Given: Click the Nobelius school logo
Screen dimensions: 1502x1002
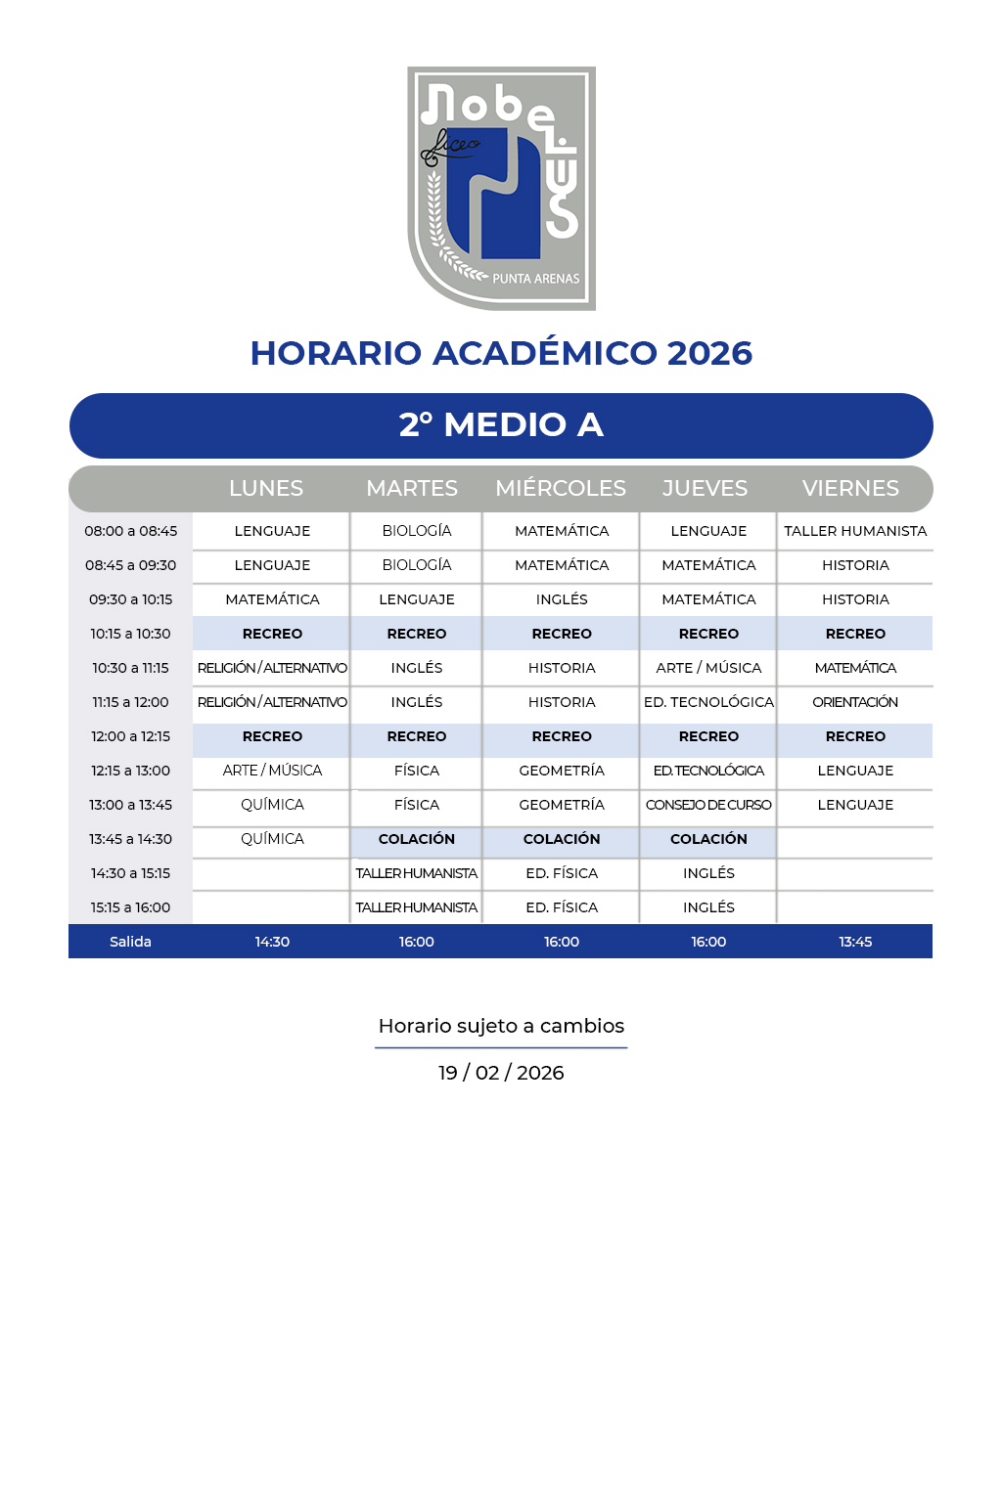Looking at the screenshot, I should coord(501,189).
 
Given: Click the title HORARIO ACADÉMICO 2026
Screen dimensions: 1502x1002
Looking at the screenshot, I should coord(501,353).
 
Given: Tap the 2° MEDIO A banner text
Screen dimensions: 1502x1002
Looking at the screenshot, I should coord(501,425).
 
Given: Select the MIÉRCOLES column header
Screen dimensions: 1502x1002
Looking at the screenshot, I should coord(561,488).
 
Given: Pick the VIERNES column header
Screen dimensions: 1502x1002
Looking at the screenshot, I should coord(850,488).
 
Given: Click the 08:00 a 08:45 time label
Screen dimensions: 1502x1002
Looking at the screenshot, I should coord(131,531).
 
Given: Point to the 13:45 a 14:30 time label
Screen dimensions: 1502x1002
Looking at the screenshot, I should coord(131,839).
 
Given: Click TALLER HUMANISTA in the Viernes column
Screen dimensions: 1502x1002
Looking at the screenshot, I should coord(855,531).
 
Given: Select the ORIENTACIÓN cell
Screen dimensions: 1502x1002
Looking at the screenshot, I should coord(855,702).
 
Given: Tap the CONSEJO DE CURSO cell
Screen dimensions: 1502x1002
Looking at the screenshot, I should coord(708,805).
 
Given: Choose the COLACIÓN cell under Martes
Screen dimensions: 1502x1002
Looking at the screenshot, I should coord(417,839).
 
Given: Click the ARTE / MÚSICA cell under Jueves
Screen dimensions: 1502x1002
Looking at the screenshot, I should coord(708,668).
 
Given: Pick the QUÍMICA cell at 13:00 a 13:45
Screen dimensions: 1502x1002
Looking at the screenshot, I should coord(272,805).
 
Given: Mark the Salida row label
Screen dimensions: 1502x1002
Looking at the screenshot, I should coord(130,942).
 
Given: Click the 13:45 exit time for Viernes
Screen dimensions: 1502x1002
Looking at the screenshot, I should coord(855,942).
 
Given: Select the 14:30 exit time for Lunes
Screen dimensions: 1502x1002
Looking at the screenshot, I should coord(272,942).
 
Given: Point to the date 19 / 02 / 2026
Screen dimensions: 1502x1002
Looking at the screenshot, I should coord(501,1073).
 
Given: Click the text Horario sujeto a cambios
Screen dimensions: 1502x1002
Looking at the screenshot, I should coord(501,1026).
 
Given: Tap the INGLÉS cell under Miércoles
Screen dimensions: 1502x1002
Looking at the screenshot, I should coord(562,599).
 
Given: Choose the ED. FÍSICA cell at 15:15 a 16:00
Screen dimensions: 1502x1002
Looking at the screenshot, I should coord(562,907).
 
